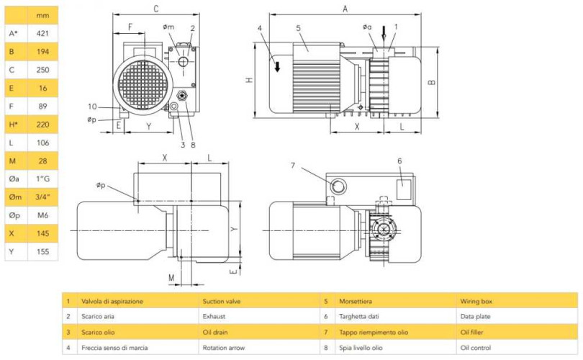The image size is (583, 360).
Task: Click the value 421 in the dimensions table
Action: point(42,33)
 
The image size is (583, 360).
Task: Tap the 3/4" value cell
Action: point(42,197)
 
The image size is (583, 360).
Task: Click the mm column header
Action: point(42,14)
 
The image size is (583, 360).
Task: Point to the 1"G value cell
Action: point(42,179)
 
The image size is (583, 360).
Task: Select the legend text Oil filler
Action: point(475,332)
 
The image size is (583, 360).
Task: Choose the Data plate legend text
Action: point(476,315)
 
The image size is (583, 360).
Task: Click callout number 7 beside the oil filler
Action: point(293,166)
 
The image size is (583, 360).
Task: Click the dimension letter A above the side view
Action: point(345,9)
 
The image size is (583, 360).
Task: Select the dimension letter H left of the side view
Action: point(248,80)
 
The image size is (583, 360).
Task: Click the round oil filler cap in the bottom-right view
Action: point(336,187)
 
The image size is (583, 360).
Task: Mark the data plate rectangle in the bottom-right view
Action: point(403,189)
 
